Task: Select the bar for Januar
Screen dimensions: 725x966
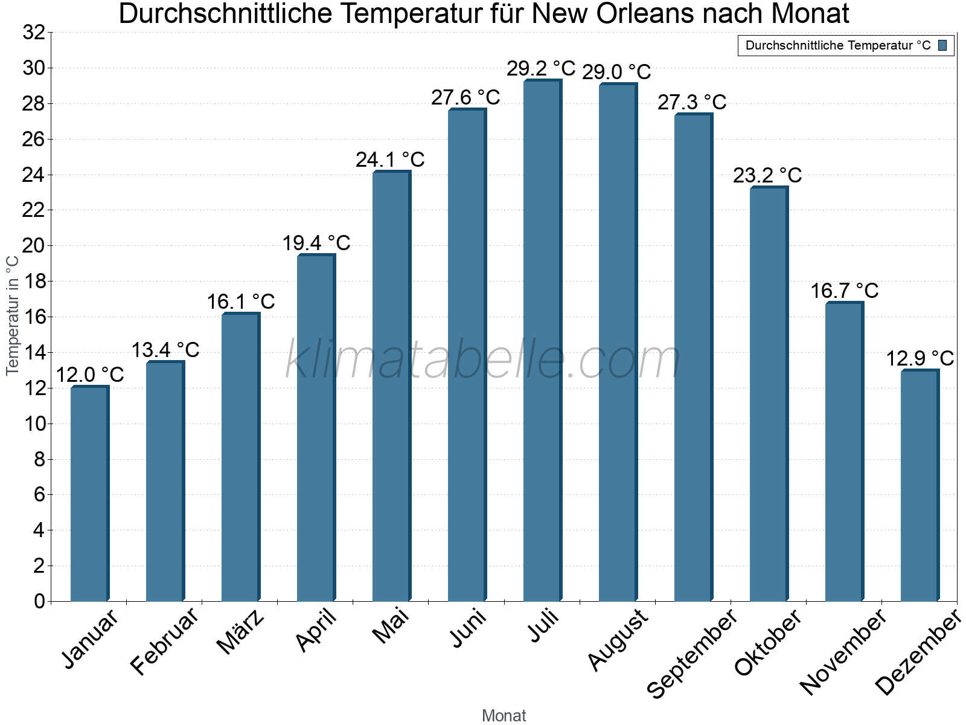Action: click(89, 494)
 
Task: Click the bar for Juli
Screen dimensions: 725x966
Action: click(542, 341)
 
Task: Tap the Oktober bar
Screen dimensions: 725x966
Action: click(769, 395)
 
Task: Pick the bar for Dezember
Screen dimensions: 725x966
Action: click(920, 486)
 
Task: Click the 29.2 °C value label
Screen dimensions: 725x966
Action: click(541, 68)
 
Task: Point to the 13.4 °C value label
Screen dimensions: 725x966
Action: click(165, 350)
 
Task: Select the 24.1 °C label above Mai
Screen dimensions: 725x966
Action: click(390, 160)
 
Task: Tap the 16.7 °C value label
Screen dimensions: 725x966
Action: click(844, 291)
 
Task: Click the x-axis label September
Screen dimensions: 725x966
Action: click(691, 653)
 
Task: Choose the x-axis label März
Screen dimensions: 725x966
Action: click(240, 632)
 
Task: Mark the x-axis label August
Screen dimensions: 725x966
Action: click(618, 640)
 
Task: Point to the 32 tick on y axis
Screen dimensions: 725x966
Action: click(34, 33)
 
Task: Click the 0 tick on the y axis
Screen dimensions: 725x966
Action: click(39, 601)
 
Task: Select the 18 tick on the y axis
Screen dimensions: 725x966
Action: click(34, 282)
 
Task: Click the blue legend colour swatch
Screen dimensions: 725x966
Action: click(942, 45)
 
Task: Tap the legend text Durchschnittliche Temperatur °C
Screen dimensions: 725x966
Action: click(838, 45)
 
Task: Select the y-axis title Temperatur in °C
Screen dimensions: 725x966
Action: click(12, 315)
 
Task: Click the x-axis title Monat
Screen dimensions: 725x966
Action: click(504, 715)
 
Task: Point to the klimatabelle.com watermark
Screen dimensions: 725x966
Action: click(483, 360)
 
